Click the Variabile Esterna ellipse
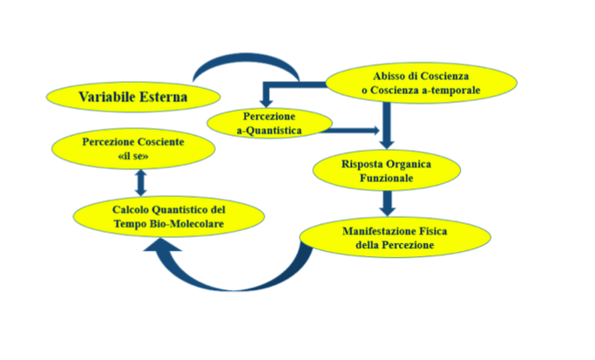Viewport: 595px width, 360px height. (x=131, y=96)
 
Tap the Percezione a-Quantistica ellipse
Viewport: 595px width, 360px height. (x=270, y=124)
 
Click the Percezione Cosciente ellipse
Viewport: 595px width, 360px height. (x=133, y=147)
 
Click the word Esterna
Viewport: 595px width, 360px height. (x=163, y=96)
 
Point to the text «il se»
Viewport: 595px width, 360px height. (x=133, y=155)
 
